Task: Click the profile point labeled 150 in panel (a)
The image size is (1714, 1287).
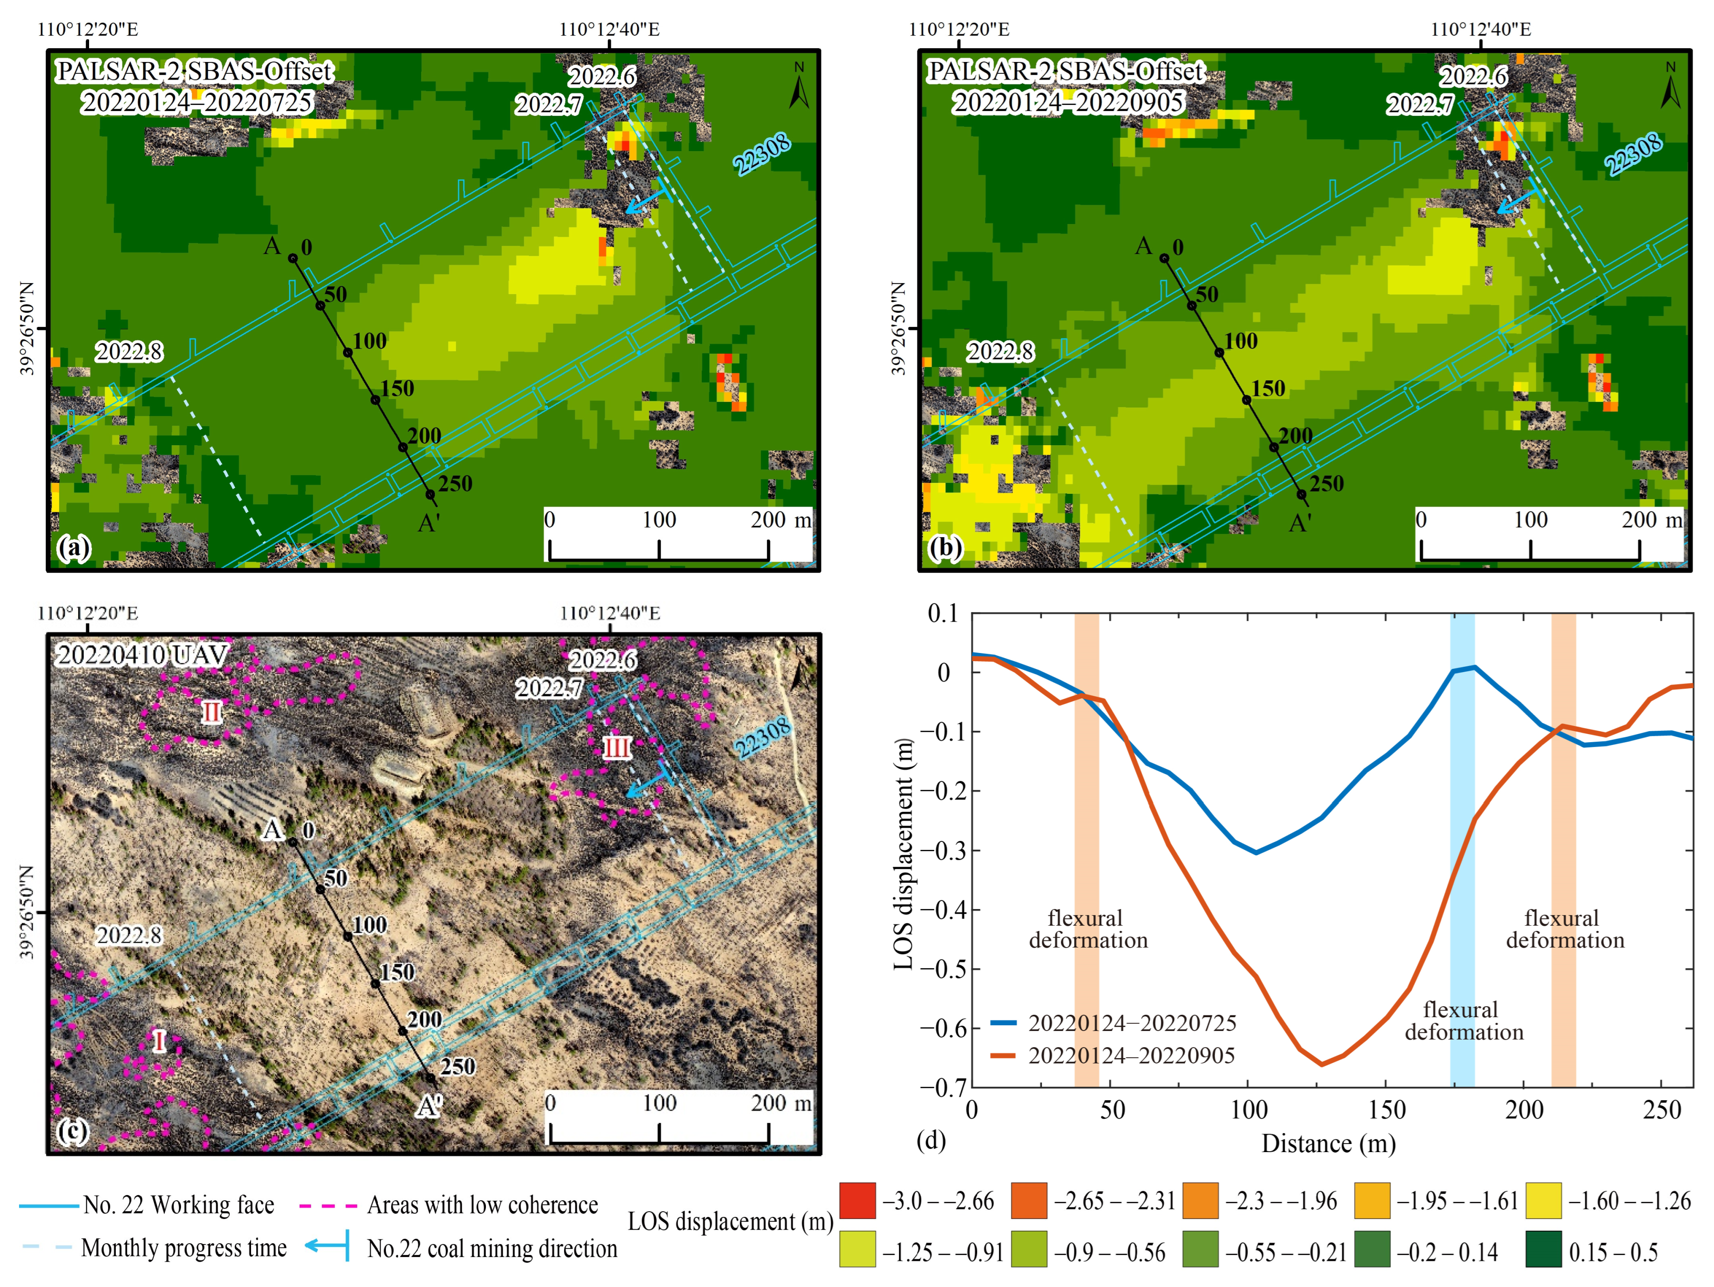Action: coord(375,400)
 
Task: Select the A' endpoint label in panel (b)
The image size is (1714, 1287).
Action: coord(1300,523)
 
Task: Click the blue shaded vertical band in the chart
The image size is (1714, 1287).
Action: coord(1462,853)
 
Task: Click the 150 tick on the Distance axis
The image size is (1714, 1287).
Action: coord(1386,1110)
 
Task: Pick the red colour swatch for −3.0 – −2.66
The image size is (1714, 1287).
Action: coord(857,1201)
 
